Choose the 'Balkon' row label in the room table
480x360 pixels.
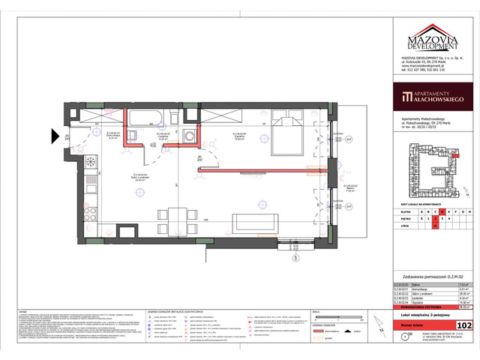pyautogui.click(x=413, y=285)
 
